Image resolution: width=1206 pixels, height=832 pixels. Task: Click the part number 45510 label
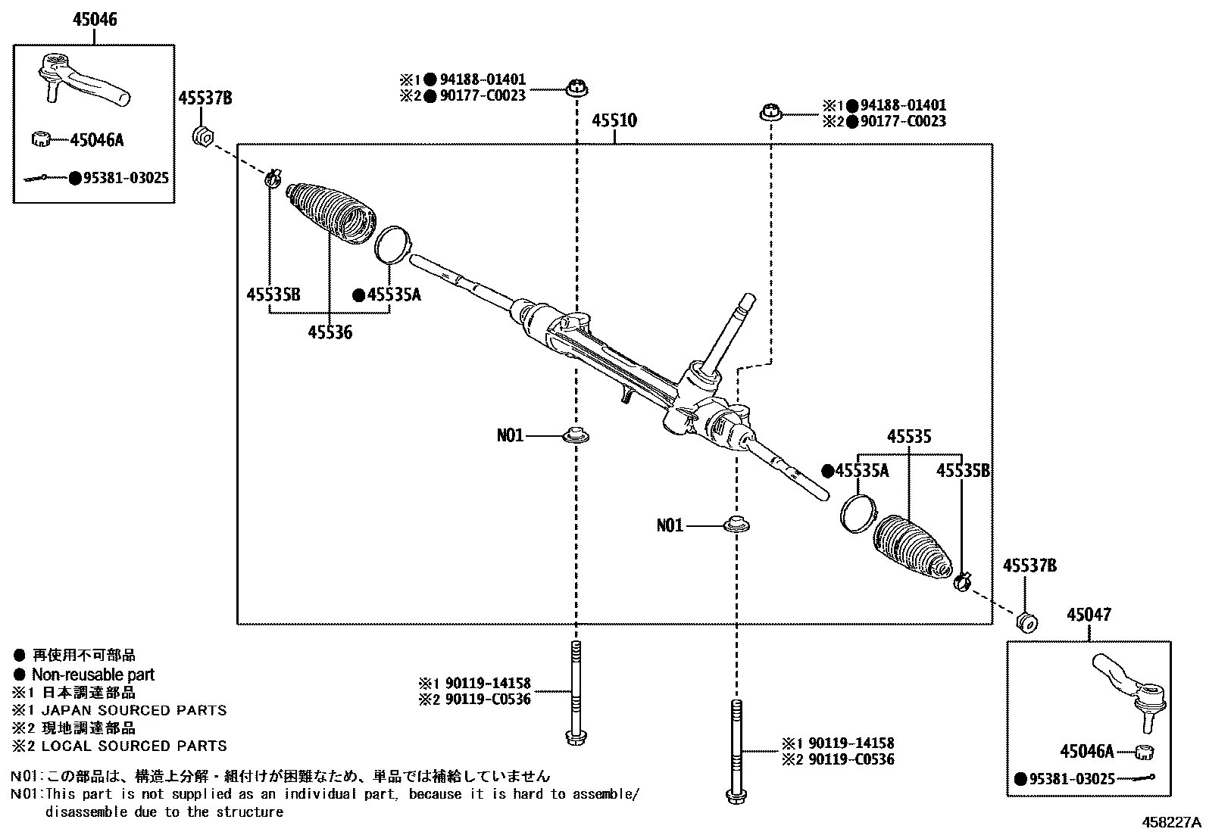614,120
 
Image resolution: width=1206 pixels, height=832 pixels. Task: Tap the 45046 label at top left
95,20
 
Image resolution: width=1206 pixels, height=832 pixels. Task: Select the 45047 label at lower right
1089,615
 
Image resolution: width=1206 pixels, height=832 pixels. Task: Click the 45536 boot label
330,332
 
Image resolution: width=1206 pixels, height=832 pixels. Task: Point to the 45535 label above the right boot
909,437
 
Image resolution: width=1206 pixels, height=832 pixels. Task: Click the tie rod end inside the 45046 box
83,79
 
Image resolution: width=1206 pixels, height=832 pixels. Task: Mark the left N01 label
510,435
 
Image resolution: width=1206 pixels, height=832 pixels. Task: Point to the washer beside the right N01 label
734,524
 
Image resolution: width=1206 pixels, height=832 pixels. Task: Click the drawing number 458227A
1172,822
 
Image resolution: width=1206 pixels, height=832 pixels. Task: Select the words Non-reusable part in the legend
92,675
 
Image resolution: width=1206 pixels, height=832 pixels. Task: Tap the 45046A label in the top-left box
96,140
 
